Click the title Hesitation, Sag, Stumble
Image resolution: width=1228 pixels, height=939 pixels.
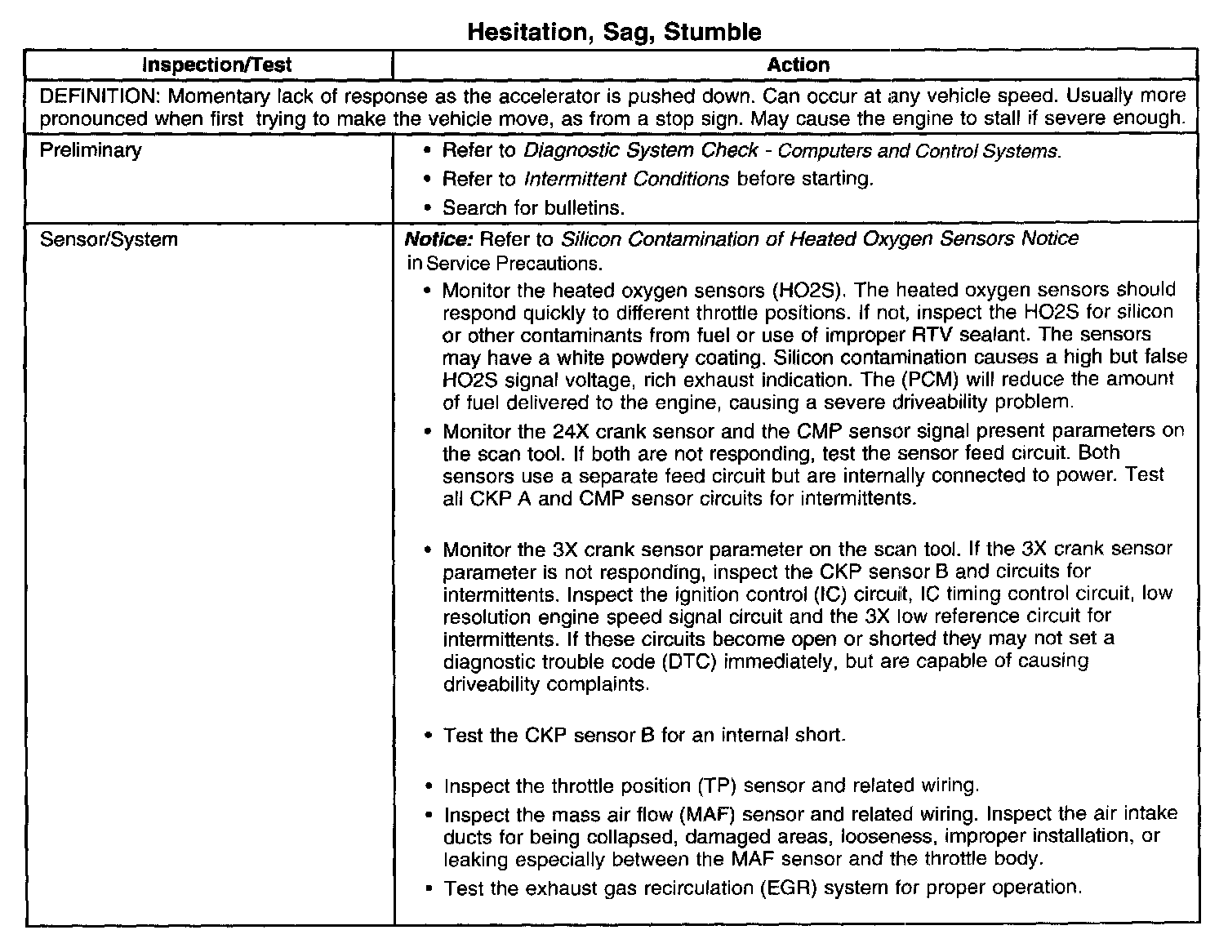[x=614, y=32]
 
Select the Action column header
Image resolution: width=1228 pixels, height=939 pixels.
[x=798, y=65]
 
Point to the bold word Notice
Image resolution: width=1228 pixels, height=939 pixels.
[x=439, y=239]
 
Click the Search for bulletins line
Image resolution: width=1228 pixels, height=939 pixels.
[x=533, y=207]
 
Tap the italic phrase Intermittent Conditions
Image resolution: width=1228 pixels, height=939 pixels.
[x=626, y=179]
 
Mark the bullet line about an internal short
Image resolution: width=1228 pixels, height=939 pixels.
[x=644, y=736]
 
